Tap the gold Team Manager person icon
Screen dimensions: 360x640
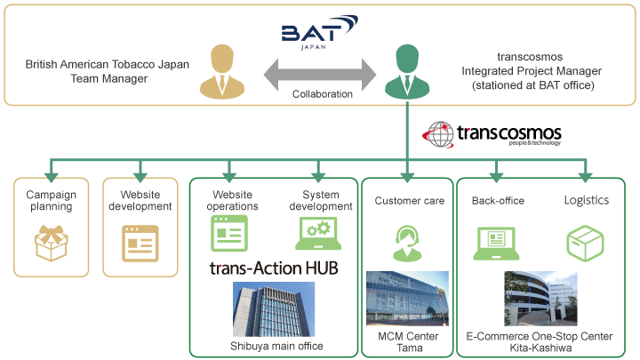[221, 73]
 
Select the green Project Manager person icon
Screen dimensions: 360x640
[406, 73]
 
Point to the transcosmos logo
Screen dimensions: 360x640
[493, 134]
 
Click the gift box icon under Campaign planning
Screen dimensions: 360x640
[50, 240]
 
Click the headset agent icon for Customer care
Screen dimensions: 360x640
[408, 240]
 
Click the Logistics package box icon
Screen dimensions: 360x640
[585, 241]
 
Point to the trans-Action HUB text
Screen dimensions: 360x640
[273, 267]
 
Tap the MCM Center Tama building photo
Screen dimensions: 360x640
[408, 300]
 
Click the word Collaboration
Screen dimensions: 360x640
[323, 93]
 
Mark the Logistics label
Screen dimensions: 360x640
[587, 200]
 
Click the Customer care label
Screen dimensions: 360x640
[409, 201]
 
